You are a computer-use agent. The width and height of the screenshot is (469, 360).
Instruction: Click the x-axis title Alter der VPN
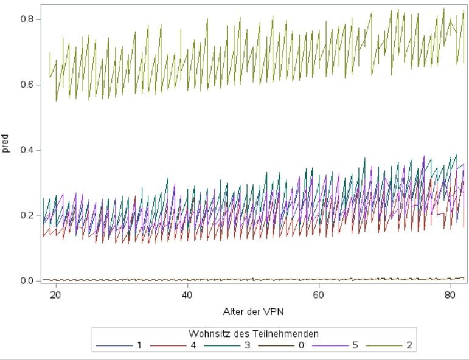(253, 312)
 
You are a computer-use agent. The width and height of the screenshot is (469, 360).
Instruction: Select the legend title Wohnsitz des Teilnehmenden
(253, 333)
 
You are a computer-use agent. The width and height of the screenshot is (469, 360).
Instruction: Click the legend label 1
(139, 345)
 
